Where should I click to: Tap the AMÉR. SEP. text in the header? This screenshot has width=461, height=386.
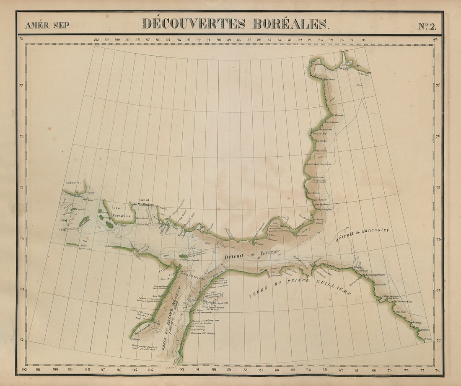pos(48,25)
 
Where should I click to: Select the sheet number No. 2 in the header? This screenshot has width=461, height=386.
pos(427,26)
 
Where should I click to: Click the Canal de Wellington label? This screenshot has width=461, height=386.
pos(143,202)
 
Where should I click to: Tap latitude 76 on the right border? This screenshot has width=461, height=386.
pos(438,136)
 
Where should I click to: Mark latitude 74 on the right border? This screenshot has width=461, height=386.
pos(438,239)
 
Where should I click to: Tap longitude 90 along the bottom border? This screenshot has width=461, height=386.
pos(214,369)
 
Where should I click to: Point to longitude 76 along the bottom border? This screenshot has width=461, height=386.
pos(437,369)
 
